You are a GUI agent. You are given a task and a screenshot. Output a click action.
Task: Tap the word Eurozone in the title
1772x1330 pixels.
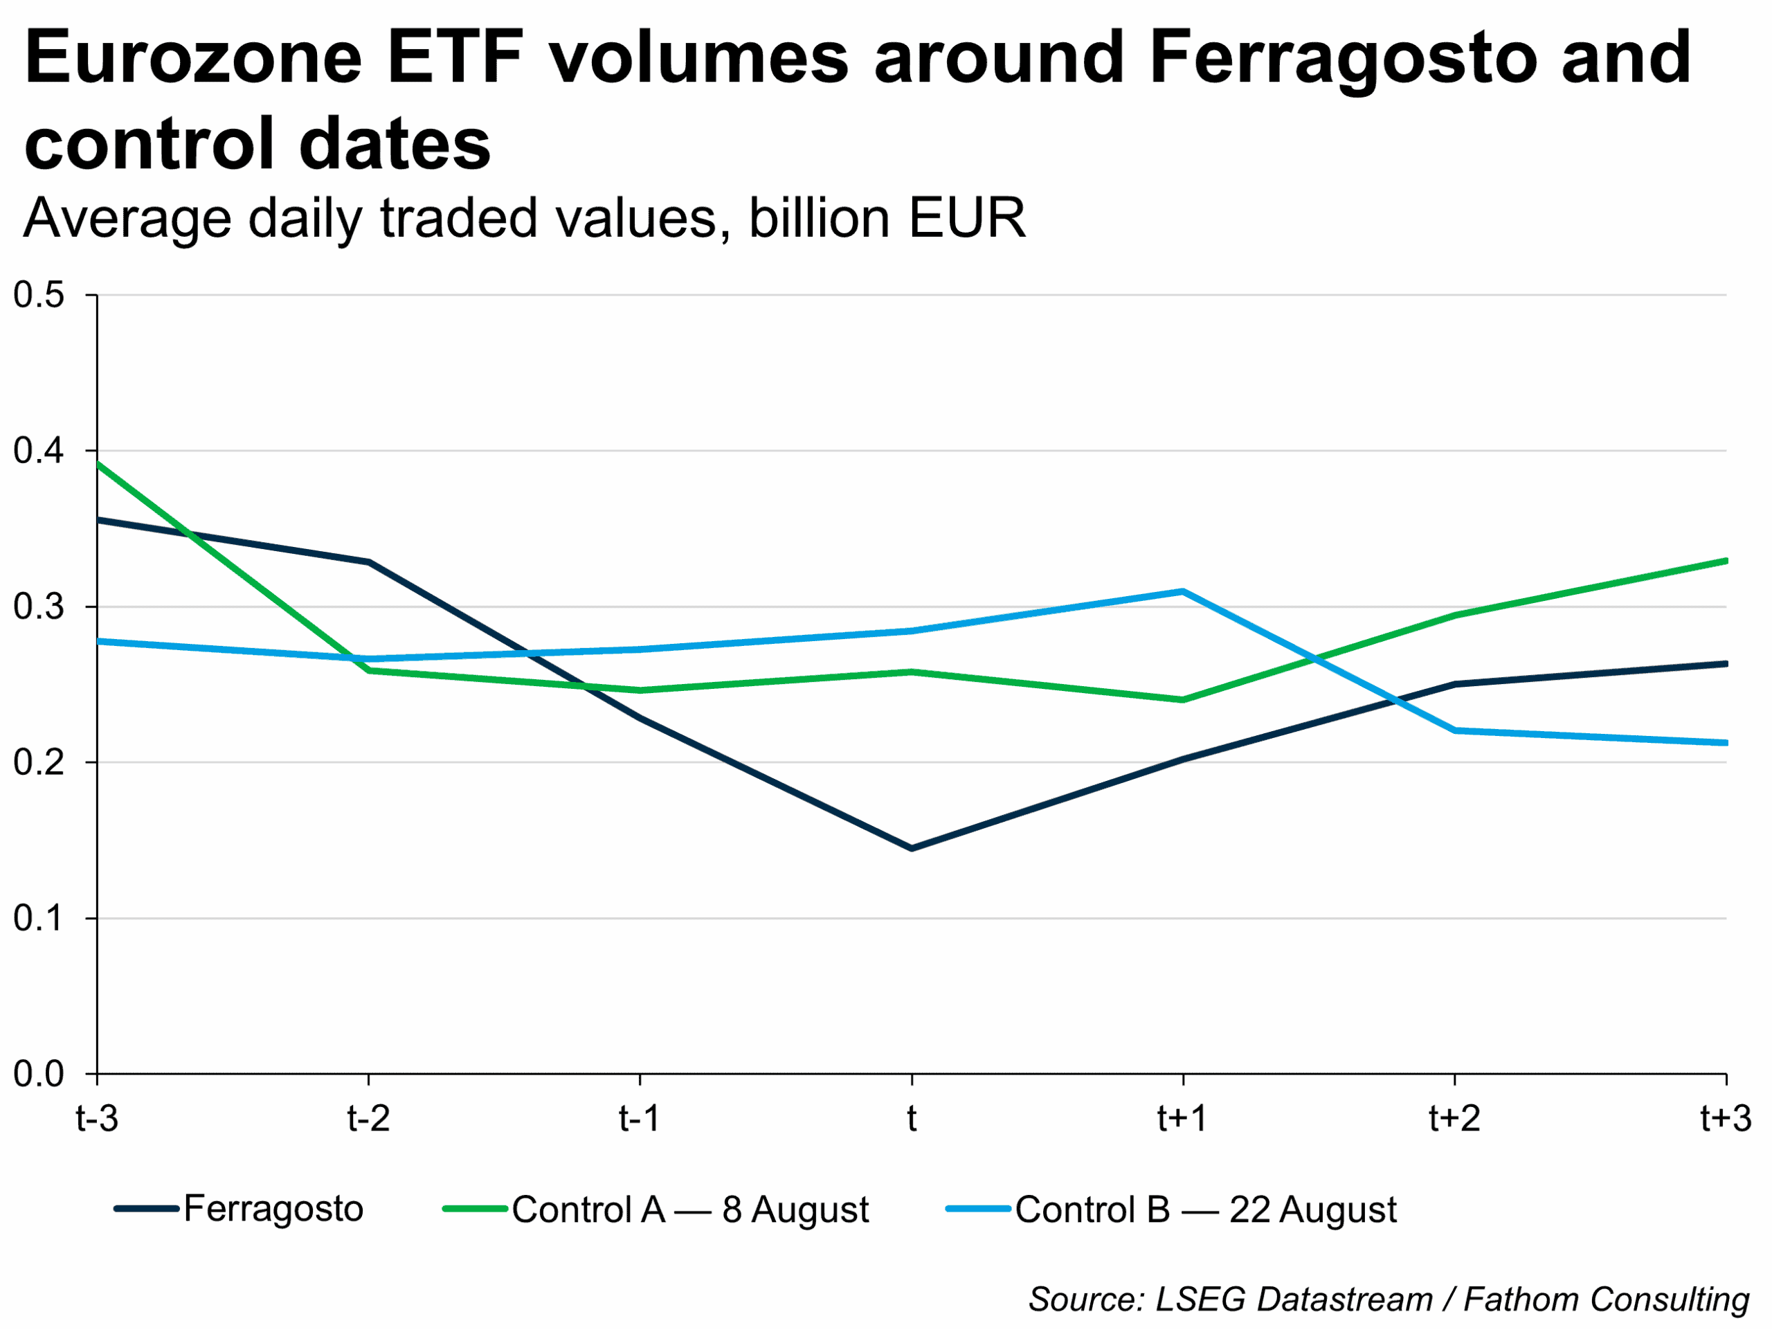pos(193,57)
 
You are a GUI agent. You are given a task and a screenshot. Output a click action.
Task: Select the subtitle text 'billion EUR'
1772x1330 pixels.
pos(887,218)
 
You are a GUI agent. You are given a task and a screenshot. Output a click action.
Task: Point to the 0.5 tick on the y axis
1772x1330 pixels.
pos(39,295)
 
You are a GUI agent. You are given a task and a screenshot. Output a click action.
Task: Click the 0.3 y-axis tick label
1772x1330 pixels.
pos(39,606)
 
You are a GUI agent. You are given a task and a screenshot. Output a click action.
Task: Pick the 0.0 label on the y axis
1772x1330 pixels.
pos(39,1074)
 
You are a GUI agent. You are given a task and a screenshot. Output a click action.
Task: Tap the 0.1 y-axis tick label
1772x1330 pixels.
pos(39,918)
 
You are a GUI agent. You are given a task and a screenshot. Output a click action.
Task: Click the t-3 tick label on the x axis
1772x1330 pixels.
pos(97,1118)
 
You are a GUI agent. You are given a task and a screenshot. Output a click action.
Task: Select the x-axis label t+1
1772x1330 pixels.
pos(1182,1118)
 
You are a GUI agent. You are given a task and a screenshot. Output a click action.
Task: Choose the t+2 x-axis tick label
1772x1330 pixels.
pos(1454,1118)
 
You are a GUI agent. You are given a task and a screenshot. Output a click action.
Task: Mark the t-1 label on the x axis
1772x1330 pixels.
pos(640,1118)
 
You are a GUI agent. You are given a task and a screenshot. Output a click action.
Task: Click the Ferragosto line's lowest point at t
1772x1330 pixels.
pos(912,847)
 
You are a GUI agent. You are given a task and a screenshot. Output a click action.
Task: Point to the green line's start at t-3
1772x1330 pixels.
pos(98,464)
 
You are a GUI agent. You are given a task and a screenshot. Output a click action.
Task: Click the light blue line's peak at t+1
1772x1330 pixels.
pos(1182,591)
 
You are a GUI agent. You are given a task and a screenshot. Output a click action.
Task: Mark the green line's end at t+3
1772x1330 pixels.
pos(1724,561)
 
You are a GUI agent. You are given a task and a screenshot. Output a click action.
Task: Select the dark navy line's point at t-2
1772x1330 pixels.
pos(368,562)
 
